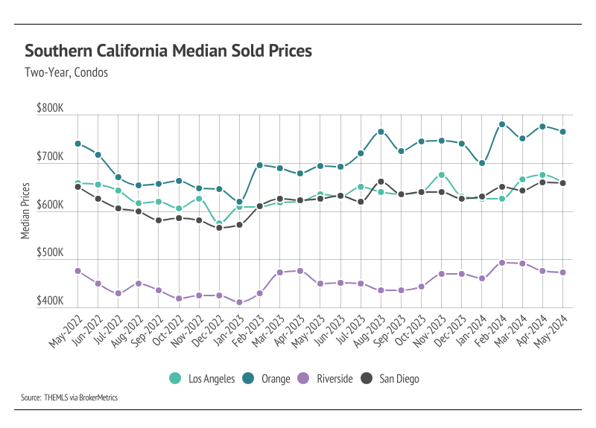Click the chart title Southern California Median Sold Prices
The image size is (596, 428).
coord(168,51)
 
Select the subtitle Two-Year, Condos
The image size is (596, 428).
coord(66,73)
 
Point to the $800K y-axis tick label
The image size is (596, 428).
coord(51,109)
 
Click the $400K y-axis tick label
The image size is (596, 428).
coord(51,301)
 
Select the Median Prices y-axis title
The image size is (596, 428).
coord(25,211)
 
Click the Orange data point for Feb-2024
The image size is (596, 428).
coord(502,124)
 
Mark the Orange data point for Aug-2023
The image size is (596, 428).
coord(381,132)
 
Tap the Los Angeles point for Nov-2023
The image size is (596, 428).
coord(442,175)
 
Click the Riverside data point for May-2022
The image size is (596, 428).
coord(77,271)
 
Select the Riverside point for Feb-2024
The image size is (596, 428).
coord(502,263)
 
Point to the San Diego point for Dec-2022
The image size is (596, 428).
coord(219,228)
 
